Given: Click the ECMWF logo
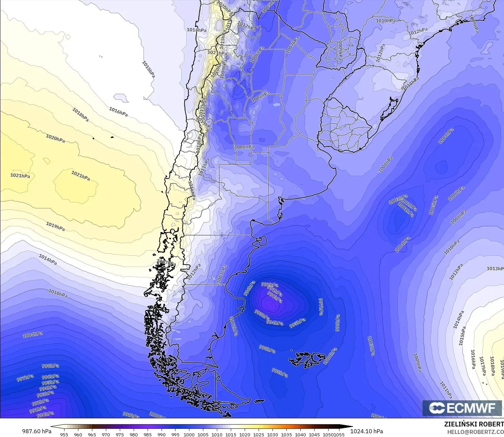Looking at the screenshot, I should pyautogui.click(x=462, y=408).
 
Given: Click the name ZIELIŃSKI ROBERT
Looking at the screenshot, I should pyautogui.click(x=474, y=424).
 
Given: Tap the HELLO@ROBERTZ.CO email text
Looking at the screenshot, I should pyautogui.click(x=475, y=432).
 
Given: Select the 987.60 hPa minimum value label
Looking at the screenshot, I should pyautogui.click(x=37, y=431).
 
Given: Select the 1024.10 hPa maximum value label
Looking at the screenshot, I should pyautogui.click(x=367, y=431).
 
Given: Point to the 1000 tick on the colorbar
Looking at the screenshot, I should pyautogui.click(x=189, y=435).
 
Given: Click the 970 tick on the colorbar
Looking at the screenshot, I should pyautogui.click(x=106, y=435).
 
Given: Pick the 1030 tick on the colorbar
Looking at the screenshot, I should pyautogui.click(x=273, y=435).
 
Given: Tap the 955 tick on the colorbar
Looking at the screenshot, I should pyautogui.click(x=64, y=435).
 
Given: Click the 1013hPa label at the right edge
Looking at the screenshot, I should pyautogui.click(x=495, y=269).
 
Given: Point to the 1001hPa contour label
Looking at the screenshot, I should pyautogui.click(x=406, y=211).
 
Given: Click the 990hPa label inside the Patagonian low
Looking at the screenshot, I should pyautogui.click(x=275, y=297).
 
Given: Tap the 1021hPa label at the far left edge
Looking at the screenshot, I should pyautogui.click(x=20, y=176).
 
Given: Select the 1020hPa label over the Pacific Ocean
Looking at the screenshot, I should pyautogui.click(x=55, y=139).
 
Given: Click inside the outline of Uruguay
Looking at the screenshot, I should pyautogui.click(x=343, y=127).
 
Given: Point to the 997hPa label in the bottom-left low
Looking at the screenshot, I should pyautogui.click(x=25, y=378).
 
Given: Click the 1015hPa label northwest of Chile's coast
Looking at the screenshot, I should pyautogui.click(x=148, y=69).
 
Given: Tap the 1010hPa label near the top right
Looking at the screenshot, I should pyautogui.click(x=386, y=21).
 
